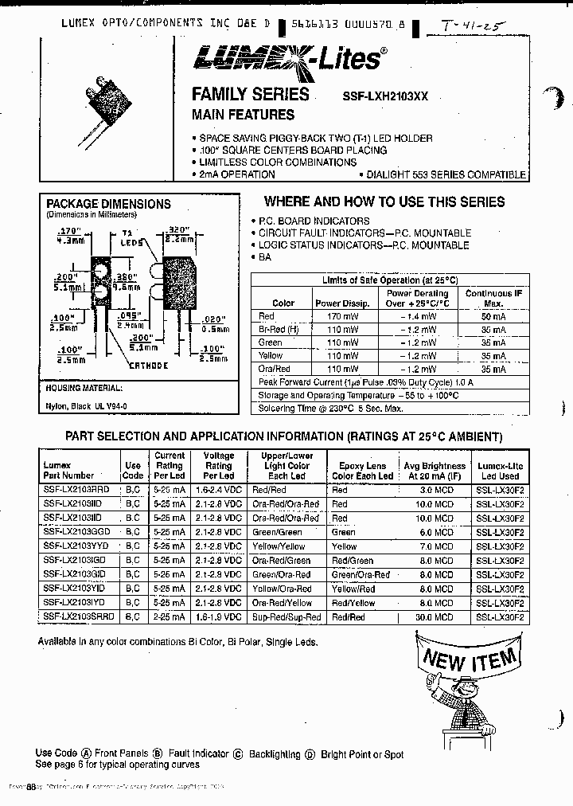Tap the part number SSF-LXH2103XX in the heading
pos(385,96)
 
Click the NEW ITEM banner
pos(470,659)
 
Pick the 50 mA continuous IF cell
pos(493,316)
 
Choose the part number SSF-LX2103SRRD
pos(79,617)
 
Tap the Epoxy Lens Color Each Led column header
pos(362,471)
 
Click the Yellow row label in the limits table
pos(271,356)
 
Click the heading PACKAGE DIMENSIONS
pos(108,204)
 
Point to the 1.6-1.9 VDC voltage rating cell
pos(218,617)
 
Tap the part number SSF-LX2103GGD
pos(79,532)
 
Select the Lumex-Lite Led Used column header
pos(500,471)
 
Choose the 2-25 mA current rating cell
pos(169,617)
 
